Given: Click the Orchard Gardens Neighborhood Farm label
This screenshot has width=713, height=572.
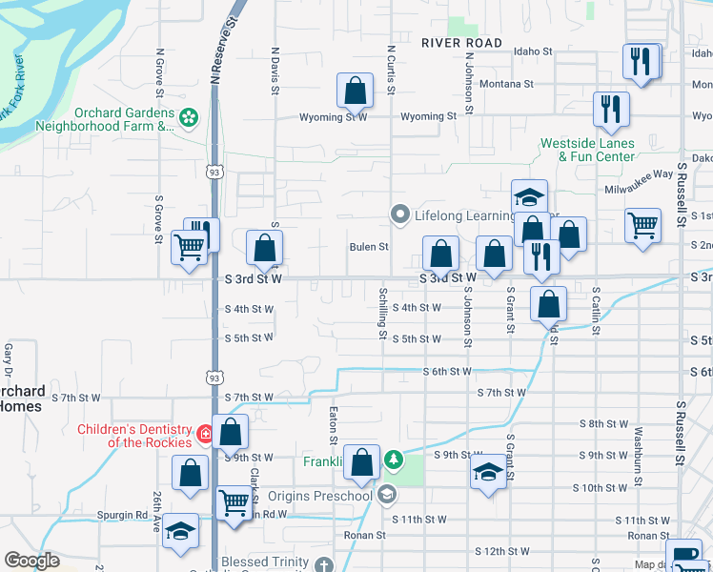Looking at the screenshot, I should pos(105,119).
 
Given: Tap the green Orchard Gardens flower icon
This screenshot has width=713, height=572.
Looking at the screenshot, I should pos(189,117).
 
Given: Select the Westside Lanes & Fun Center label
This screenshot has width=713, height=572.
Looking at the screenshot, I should pos(587,150).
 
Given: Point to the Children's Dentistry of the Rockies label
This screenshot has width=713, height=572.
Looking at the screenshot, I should pos(134,436).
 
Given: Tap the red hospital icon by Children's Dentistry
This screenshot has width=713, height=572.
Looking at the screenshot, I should pos(204,435).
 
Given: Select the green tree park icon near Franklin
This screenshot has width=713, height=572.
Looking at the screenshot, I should pos(393,461).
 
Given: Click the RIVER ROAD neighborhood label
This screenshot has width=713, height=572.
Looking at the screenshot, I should pos(462,43).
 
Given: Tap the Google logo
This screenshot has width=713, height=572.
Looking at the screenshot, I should pos(31,561).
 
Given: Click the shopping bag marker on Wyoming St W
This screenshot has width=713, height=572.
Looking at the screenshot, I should pos(355,92).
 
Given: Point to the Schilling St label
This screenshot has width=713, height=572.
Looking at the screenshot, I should pos(383,313).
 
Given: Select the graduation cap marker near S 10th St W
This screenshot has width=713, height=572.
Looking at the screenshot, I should pos(488,472).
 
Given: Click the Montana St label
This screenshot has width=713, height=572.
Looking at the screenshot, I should pos(506,84).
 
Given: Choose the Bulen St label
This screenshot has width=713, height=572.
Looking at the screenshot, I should pos(369,247).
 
